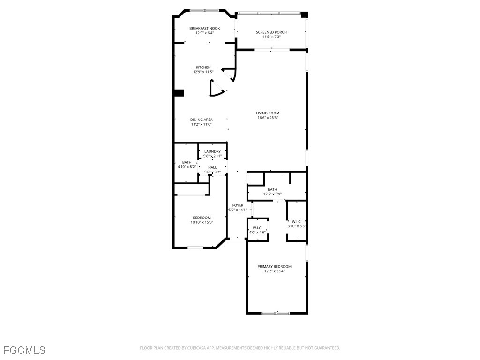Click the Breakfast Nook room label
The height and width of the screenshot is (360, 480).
(204, 28)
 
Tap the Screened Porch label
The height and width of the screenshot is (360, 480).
(271, 32)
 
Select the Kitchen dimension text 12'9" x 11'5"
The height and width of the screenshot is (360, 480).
(203, 72)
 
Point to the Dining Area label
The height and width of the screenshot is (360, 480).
(201, 120)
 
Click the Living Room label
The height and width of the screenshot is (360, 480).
(268, 113)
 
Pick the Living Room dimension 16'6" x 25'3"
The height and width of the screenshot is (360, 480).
(268, 118)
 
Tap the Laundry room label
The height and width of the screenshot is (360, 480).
(212, 151)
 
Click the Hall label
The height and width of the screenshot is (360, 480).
(212, 167)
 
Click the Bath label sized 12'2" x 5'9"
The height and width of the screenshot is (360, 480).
(272, 189)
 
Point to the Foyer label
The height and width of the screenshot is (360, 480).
(238, 205)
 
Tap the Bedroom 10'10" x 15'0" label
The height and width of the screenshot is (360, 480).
(202, 217)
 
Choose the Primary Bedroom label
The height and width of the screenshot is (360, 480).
(274, 266)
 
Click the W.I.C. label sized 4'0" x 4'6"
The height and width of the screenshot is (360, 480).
(257, 228)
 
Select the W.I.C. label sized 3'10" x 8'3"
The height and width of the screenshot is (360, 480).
(296, 222)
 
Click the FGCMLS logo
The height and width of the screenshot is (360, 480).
(24, 350)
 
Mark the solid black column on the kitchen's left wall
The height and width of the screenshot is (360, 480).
(179, 93)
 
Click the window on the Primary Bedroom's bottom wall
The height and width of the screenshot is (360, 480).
(276, 313)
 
